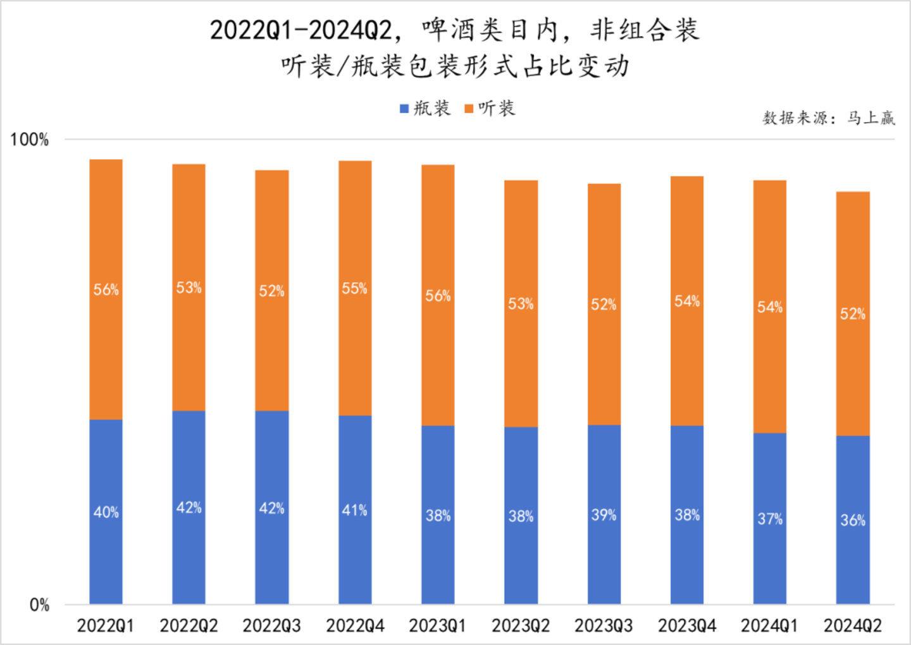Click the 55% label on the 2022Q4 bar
click(354, 288)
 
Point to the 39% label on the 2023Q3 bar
click(604, 515)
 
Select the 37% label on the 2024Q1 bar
click(770, 519)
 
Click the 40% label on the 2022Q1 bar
click(106, 512)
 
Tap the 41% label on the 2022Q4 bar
click(354, 510)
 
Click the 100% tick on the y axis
click(29, 140)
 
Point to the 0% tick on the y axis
click(39, 605)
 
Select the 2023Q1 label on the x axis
click(437, 626)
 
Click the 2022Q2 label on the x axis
click(189, 626)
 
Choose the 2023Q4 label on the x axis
click(686, 626)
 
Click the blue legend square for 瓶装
click(404, 109)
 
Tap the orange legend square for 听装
click(469, 109)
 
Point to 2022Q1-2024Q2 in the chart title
click(301, 30)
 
